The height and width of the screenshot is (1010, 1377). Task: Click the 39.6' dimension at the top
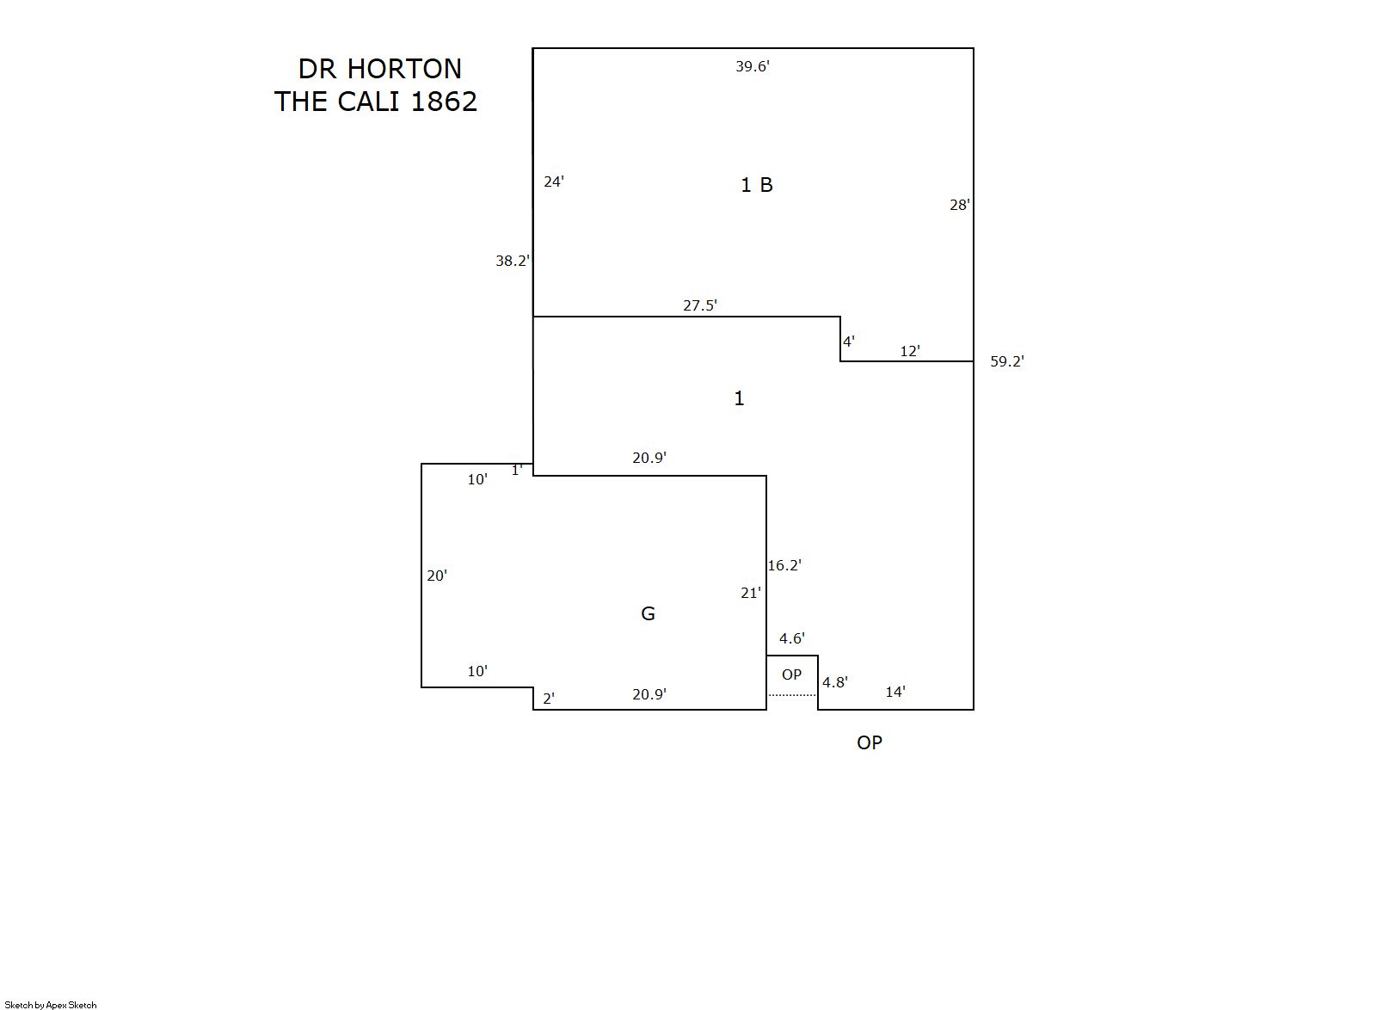752,67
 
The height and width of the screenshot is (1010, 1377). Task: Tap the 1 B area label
757,185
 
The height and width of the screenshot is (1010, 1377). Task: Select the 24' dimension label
554,182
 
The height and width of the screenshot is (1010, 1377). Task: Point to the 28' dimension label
959,205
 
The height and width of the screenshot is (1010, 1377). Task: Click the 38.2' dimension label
512,262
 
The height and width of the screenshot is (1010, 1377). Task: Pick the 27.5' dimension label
700,305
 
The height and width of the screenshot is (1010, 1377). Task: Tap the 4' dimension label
849,342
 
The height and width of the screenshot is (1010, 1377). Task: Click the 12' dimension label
910,351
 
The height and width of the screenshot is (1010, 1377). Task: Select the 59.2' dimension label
1007,361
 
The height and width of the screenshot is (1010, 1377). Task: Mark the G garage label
649,613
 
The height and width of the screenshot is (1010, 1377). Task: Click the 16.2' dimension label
784,565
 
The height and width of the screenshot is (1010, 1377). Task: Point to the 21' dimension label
751,593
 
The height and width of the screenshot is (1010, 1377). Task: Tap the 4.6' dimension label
791,638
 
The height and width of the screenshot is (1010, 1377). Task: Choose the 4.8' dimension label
835,682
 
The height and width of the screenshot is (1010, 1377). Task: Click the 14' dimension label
895,692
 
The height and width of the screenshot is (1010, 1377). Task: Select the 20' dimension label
437,576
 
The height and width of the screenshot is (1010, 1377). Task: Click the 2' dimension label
549,699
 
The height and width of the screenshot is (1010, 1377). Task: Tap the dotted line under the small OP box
792,695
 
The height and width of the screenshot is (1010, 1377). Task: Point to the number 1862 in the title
444,102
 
